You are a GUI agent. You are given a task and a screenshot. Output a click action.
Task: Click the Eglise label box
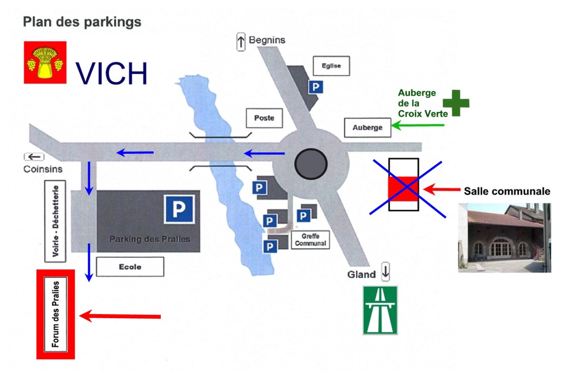coord(331,66)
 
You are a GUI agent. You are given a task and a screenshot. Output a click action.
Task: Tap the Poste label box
coord(264,118)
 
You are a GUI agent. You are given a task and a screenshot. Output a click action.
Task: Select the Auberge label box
coord(367,127)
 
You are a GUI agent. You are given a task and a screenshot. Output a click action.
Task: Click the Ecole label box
coord(130,267)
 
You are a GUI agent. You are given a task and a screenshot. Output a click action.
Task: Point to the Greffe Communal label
coord(310,240)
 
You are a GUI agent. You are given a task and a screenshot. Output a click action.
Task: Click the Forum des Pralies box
coord(55,314)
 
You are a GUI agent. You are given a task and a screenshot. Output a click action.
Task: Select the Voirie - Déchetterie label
coord(55,221)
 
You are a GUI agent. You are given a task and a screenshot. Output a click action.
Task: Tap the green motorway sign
coord(380,310)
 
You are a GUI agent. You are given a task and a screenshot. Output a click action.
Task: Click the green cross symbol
coord(456,103)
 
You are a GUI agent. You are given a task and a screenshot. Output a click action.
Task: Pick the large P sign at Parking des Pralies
coord(179,209)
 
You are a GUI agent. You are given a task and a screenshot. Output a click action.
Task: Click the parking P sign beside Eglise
coord(315,87)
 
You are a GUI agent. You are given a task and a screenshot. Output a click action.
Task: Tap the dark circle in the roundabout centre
coord(311,164)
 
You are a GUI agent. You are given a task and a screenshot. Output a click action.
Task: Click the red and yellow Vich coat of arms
coord(45,63)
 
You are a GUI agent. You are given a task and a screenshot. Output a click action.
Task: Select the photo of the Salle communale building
coord(504,238)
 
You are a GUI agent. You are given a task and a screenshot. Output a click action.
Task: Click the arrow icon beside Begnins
coord(241,42)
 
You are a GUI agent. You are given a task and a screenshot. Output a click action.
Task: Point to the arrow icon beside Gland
coord(385,271)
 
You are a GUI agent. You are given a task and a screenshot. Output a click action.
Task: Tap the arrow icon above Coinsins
coord(34,157)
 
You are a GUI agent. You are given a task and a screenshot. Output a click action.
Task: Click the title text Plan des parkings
coord(82,22)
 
